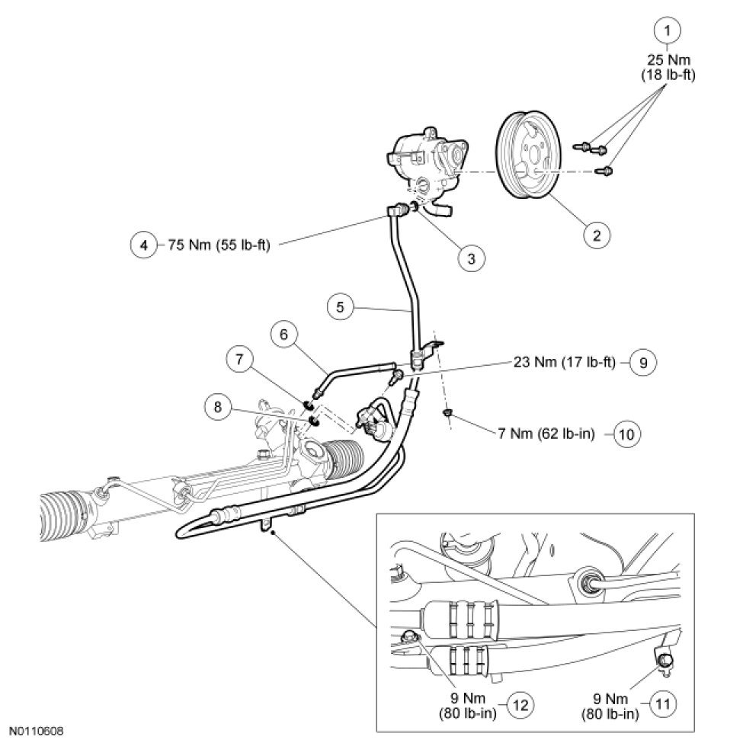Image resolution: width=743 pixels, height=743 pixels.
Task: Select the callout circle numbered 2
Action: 597,235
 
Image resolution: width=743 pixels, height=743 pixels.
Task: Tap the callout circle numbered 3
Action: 472,258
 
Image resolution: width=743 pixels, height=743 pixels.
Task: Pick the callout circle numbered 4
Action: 143,245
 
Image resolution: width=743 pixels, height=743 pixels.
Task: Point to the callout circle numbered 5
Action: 340,308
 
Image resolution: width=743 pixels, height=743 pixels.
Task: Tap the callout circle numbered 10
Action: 627,434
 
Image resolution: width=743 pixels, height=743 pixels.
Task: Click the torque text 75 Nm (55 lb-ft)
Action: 217,245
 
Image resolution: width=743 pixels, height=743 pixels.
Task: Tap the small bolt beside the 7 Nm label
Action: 448,414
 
